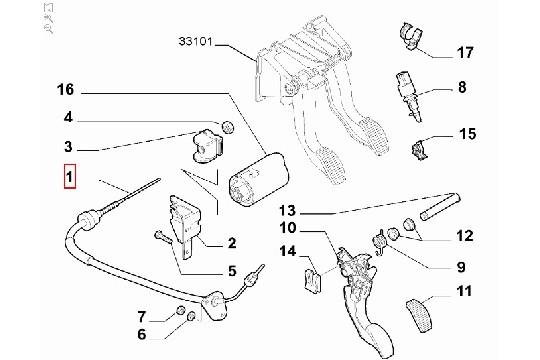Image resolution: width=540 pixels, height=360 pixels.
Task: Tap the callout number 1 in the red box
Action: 69,179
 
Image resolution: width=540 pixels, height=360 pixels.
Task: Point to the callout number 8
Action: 462,88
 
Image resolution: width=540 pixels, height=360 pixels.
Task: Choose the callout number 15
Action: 468,133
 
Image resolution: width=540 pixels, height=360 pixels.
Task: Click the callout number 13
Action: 288,212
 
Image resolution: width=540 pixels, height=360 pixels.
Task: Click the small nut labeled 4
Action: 226,127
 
